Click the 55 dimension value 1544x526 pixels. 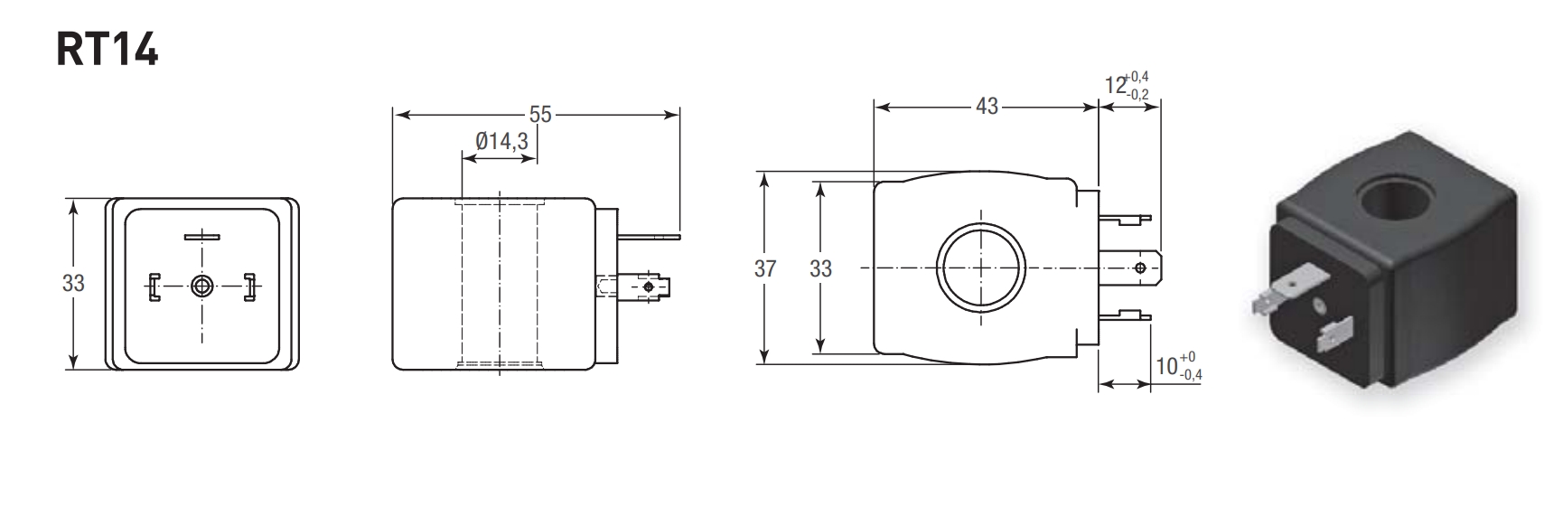539,115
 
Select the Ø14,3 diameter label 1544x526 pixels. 501,141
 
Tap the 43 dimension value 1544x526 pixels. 987,107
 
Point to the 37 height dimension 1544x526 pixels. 764,268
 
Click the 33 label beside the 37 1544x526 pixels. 820,268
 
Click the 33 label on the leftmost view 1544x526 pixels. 73,283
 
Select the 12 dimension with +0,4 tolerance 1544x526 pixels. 1128,86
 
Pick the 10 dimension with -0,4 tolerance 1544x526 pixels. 1179,366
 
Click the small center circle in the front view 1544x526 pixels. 201,286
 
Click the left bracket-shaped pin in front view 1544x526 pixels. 154,286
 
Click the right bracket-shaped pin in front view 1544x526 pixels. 248,286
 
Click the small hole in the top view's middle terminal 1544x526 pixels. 1140,268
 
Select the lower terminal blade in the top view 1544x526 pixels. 1129,315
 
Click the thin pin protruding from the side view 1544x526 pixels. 647,238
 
